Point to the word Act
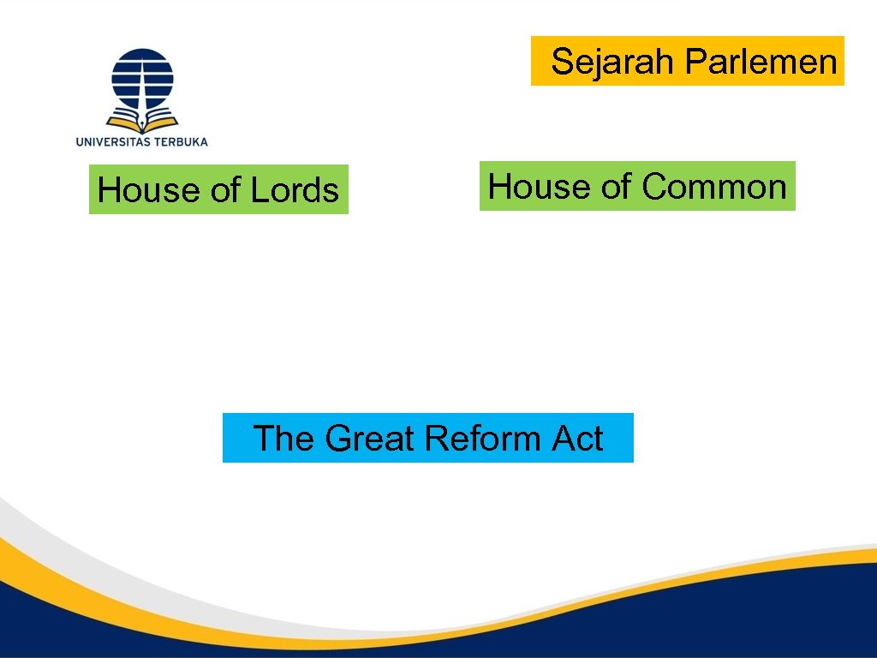click(577, 439)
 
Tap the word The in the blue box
click(284, 439)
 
